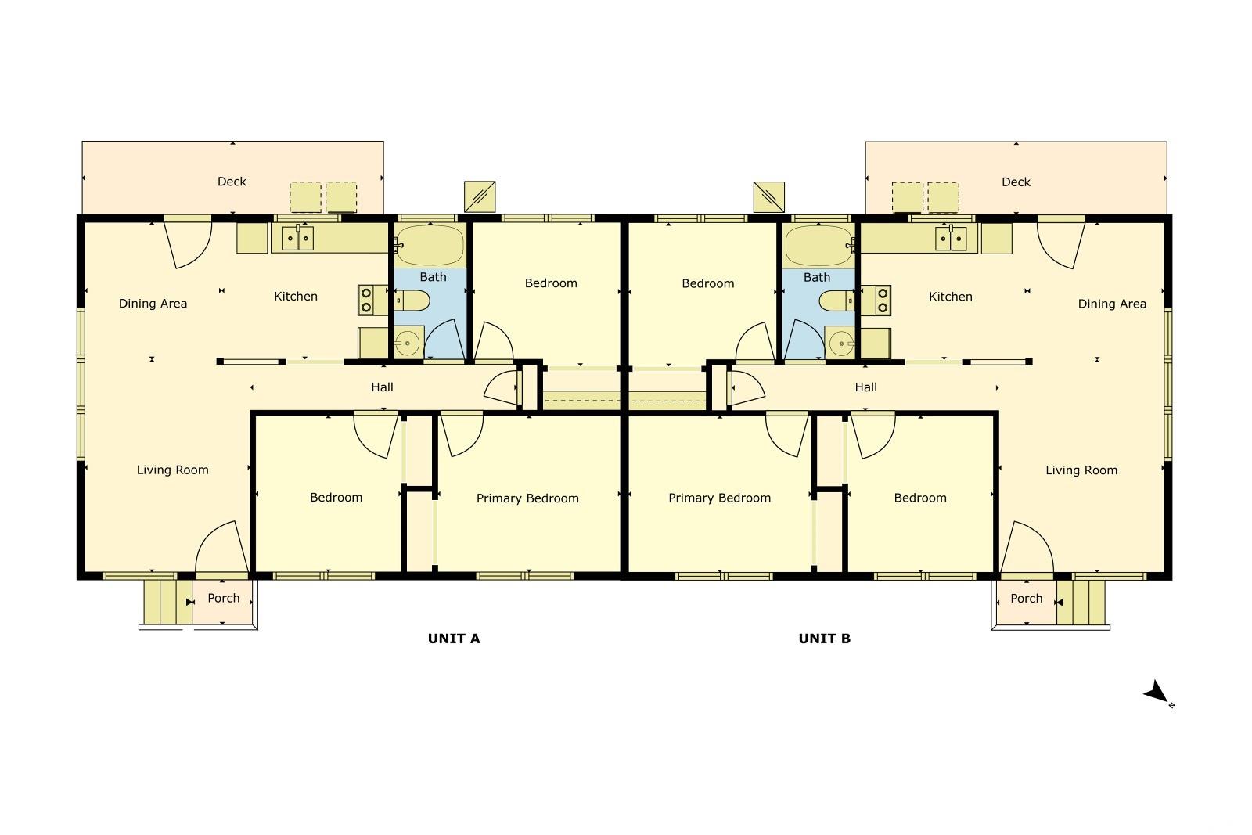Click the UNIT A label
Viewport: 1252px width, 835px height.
point(453,639)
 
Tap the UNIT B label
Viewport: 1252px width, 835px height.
point(825,639)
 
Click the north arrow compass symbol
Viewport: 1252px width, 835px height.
point(1158,693)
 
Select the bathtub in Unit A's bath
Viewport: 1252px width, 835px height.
point(430,245)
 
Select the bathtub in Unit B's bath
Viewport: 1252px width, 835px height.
point(818,246)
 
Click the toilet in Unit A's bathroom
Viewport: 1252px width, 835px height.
point(412,301)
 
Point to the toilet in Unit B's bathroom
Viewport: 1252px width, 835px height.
point(836,301)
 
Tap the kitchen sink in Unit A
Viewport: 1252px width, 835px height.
point(297,238)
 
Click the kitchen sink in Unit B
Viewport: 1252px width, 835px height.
point(951,239)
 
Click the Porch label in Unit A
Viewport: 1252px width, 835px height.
point(224,598)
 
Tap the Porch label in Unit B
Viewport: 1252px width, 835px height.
point(1026,598)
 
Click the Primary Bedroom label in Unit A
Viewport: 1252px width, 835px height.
point(527,498)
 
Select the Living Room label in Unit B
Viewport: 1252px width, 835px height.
point(1081,470)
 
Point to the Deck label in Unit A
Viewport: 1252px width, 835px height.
point(232,181)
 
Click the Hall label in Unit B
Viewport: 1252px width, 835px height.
point(865,387)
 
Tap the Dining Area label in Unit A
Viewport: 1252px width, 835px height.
point(153,304)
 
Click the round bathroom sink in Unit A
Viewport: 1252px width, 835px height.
point(408,342)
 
